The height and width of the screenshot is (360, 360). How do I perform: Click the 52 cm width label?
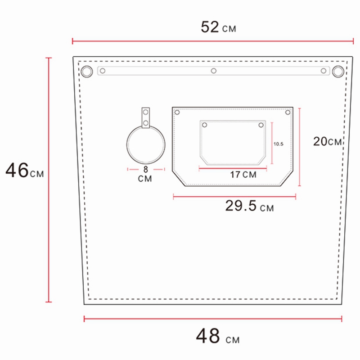(218, 27)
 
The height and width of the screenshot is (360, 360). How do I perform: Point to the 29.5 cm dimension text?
(249, 207)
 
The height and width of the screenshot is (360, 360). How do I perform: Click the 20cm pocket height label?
(327, 141)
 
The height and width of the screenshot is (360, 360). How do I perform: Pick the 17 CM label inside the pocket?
(243, 175)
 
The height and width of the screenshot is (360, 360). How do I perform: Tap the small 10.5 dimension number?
(279, 144)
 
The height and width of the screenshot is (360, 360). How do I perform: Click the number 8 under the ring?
(145, 170)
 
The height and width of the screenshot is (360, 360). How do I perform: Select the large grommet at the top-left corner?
(86, 71)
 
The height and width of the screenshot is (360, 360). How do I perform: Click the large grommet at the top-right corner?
(338, 71)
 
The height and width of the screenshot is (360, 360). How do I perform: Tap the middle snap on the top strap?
(214, 71)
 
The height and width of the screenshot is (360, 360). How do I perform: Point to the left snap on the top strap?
(103, 71)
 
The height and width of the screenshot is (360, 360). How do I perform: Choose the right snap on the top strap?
(323, 71)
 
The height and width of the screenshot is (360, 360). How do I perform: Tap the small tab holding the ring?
(145, 118)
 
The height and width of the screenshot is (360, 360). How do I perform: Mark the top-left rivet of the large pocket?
(177, 112)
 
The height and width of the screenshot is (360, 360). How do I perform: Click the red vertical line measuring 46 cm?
(49, 180)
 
